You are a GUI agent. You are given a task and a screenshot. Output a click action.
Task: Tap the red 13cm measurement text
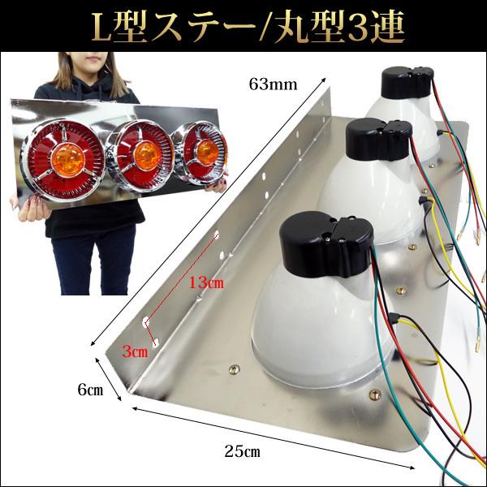pyautogui.click(x=202, y=283)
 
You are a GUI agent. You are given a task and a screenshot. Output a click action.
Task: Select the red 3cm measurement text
pyautogui.click(x=134, y=352)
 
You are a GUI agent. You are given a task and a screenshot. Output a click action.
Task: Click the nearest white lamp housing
pyautogui.click(x=308, y=325)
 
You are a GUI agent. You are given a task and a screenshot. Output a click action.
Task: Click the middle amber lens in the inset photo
pyautogui.click(x=144, y=153)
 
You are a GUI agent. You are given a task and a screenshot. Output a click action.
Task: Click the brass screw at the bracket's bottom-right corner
pyautogui.click(x=374, y=395)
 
